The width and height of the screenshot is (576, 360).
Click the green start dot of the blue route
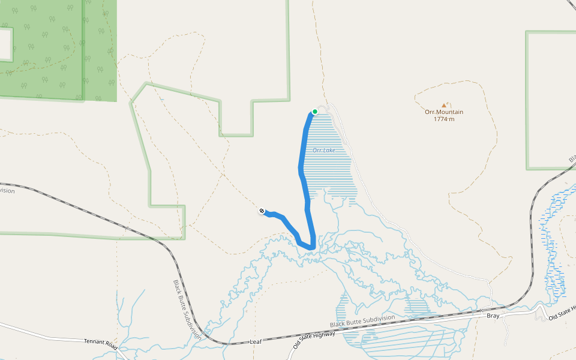314,112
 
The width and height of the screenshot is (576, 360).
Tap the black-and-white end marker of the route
262,211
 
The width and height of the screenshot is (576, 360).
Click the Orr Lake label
324,150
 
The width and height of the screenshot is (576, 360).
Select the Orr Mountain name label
444,112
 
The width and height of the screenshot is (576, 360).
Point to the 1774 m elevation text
444,119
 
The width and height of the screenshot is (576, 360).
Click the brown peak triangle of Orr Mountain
444,105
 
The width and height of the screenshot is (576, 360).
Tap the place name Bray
493,316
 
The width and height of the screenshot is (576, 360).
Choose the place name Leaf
256,342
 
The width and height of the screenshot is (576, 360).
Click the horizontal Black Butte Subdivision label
362,321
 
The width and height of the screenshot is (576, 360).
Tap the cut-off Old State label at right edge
563,312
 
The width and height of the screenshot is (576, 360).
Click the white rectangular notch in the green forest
5,44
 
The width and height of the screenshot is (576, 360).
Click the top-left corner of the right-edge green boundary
527,32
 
